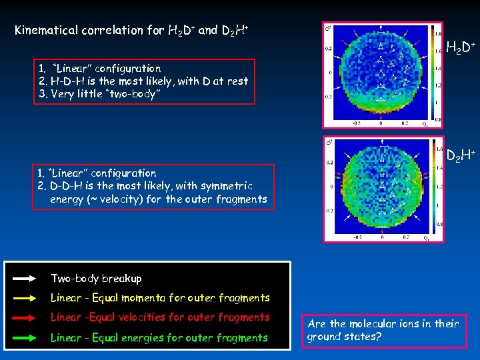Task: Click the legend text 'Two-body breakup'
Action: (x=87, y=278)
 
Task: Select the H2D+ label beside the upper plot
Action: (x=459, y=47)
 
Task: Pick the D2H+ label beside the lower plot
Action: (x=460, y=157)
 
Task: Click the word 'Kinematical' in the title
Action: (x=46, y=30)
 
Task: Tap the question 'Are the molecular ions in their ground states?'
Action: (x=383, y=330)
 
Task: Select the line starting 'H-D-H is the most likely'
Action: (x=143, y=81)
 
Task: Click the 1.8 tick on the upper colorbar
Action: (x=437, y=31)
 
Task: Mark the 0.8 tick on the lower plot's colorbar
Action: (x=437, y=225)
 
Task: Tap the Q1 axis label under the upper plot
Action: (x=425, y=124)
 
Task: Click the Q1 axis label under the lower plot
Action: (x=425, y=238)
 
